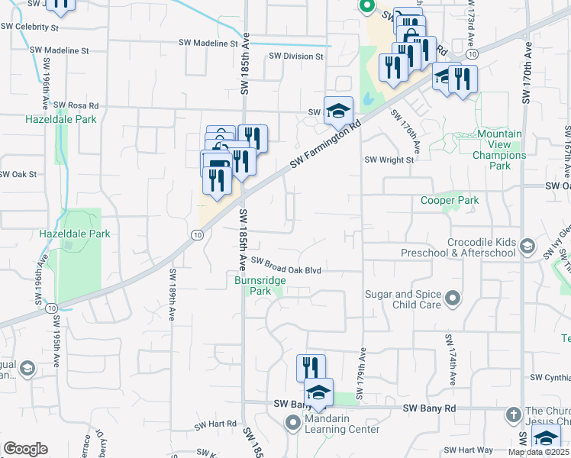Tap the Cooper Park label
(x=450, y=201)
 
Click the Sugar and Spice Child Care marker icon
(x=453, y=298)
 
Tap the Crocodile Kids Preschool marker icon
(x=527, y=246)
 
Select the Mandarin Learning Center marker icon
(x=294, y=424)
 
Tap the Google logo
(x=26, y=449)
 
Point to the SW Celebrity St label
(x=30, y=27)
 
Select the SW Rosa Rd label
(x=73, y=105)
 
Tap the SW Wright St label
(x=389, y=160)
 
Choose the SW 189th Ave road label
(x=173, y=294)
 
